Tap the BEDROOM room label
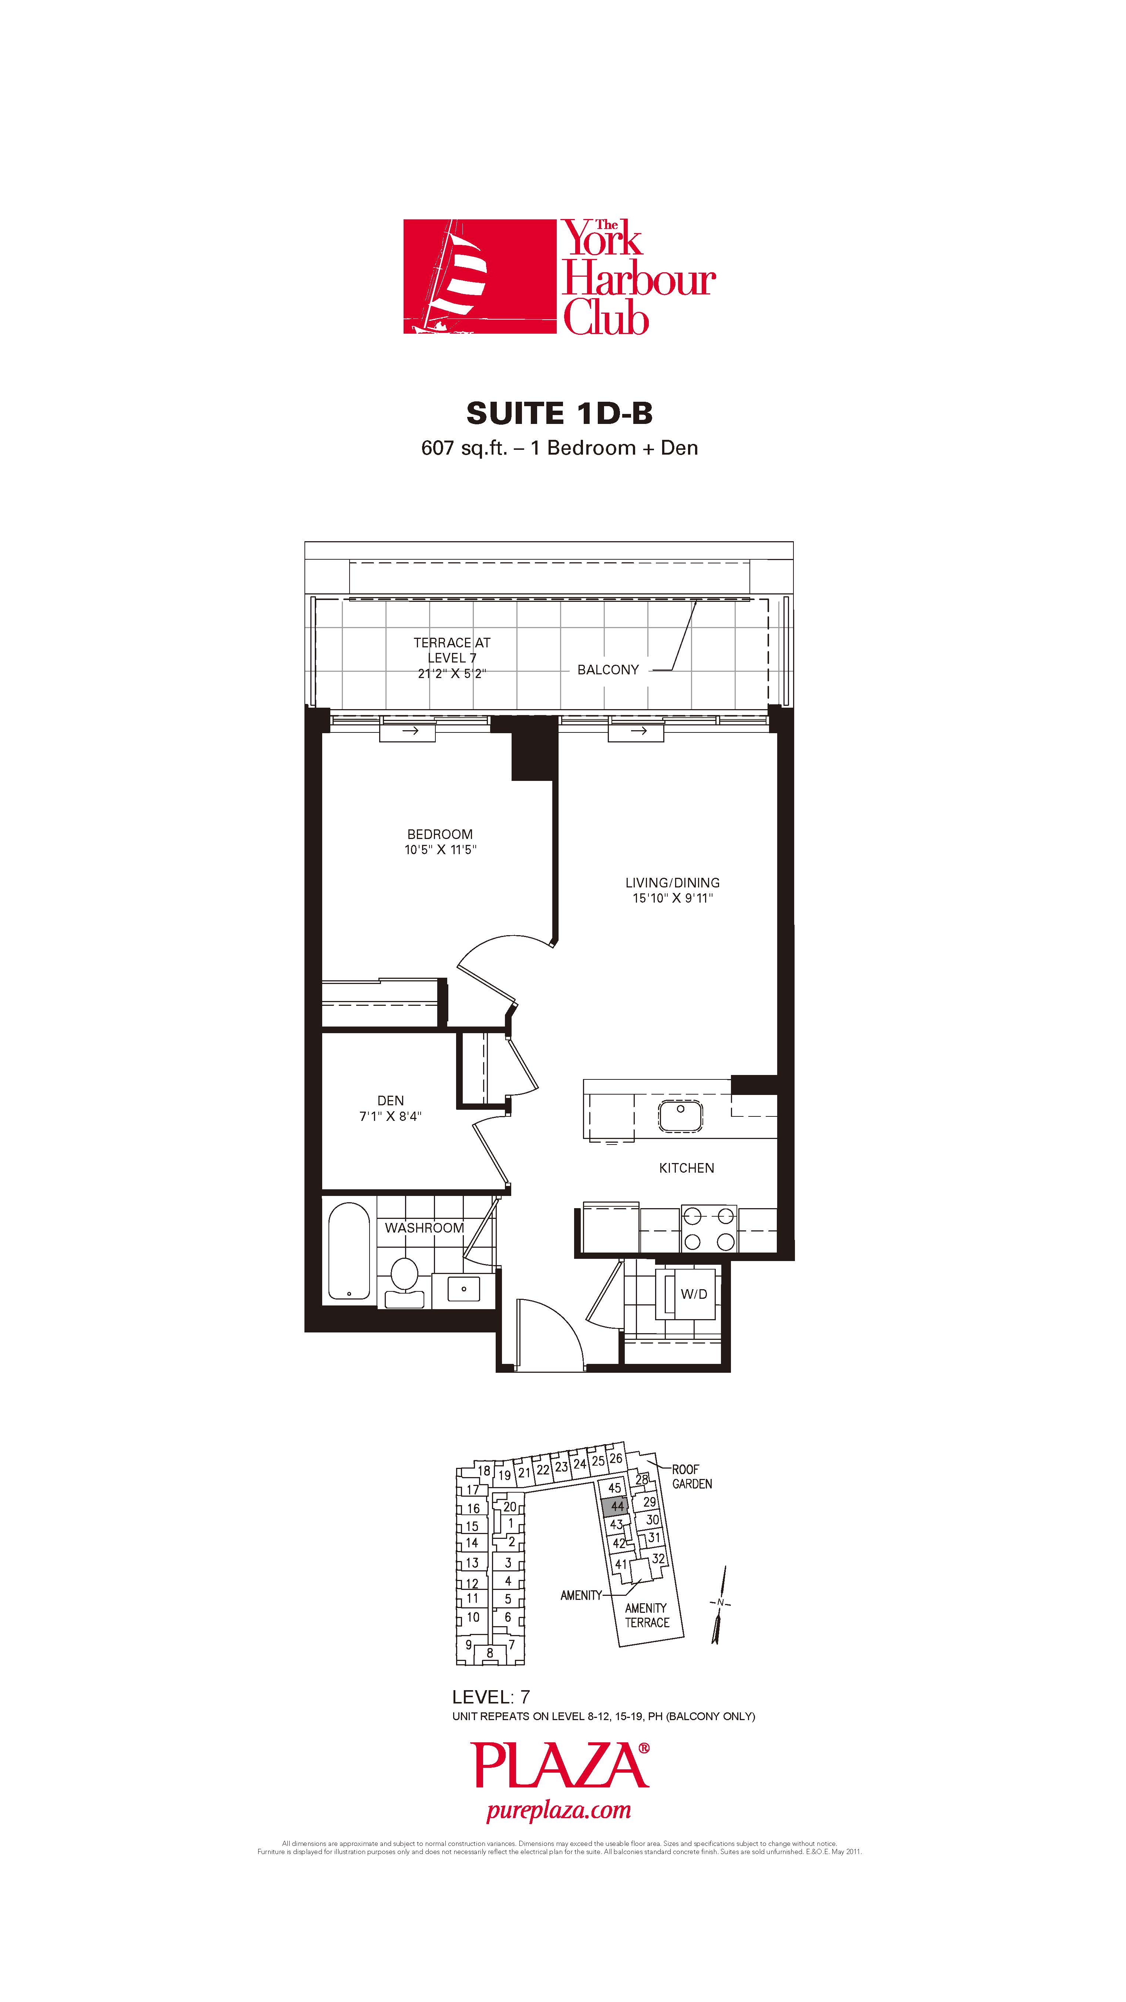(x=440, y=834)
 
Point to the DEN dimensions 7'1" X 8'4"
(x=390, y=1116)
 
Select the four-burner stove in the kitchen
(x=709, y=1229)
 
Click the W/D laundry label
(x=694, y=1294)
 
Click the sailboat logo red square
(x=479, y=277)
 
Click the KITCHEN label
(x=686, y=1168)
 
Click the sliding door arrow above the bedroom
(x=407, y=731)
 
